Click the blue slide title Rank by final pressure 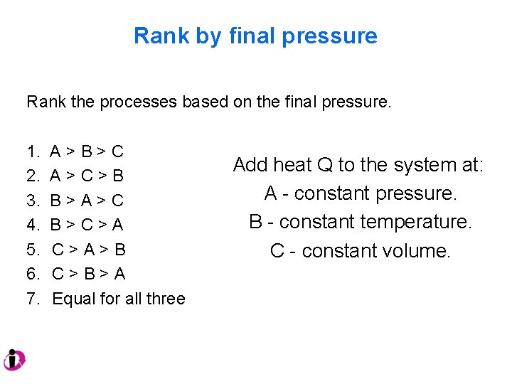coord(255,36)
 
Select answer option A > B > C coord(87,151)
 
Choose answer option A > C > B coord(87,175)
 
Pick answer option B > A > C coord(87,200)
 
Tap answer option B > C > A coord(87,225)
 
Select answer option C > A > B coord(89,250)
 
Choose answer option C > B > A coord(89,274)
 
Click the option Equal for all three coord(119,299)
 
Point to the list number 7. coord(33,299)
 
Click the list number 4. coord(33,225)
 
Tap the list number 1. coord(33,151)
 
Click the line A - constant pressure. coord(361,193)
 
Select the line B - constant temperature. coord(361,222)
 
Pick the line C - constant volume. coord(361,251)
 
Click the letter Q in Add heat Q coord(325,165)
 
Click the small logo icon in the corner coord(14,360)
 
